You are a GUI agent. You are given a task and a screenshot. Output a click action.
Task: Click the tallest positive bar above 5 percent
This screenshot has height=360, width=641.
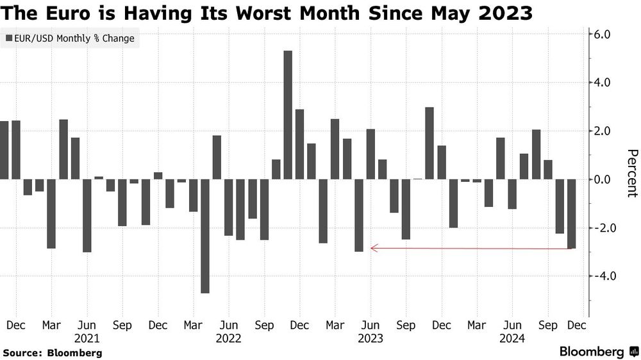pyautogui.click(x=288, y=115)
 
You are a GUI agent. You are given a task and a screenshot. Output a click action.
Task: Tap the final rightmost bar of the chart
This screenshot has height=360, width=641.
pyautogui.click(x=571, y=214)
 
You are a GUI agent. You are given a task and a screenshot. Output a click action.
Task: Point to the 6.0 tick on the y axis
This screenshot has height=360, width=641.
pyautogui.click(x=604, y=34)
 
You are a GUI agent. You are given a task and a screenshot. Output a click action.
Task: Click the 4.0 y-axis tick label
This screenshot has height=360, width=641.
pyautogui.click(x=604, y=83)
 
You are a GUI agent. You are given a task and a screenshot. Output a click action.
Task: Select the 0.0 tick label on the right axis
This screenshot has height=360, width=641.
pyautogui.click(x=604, y=179)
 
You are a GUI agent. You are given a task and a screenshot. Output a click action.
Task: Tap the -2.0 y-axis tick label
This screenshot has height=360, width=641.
pyautogui.click(x=603, y=228)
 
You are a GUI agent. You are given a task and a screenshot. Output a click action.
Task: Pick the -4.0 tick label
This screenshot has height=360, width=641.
pyautogui.click(x=603, y=276)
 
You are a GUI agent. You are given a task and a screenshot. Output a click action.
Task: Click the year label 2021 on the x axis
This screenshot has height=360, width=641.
pyautogui.click(x=87, y=338)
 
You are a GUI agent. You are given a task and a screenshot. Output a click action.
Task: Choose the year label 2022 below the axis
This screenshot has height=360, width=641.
pyautogui.click(x=228, y=338)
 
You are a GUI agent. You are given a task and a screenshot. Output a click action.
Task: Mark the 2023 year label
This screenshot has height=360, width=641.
pyautogui.click(x=370, y=338)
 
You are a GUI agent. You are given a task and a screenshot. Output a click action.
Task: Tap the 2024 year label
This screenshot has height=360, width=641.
pyautogui.click(x=512, y=338)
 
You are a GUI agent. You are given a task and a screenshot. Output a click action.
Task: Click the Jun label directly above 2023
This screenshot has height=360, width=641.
pyautogui.click(x=370, y=325)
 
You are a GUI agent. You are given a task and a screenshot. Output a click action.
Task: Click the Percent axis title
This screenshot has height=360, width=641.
pyautogui.click(x=631, y=173)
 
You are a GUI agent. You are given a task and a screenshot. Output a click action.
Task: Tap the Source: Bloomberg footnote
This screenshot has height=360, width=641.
pyautogui.click(x=53, y=353)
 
